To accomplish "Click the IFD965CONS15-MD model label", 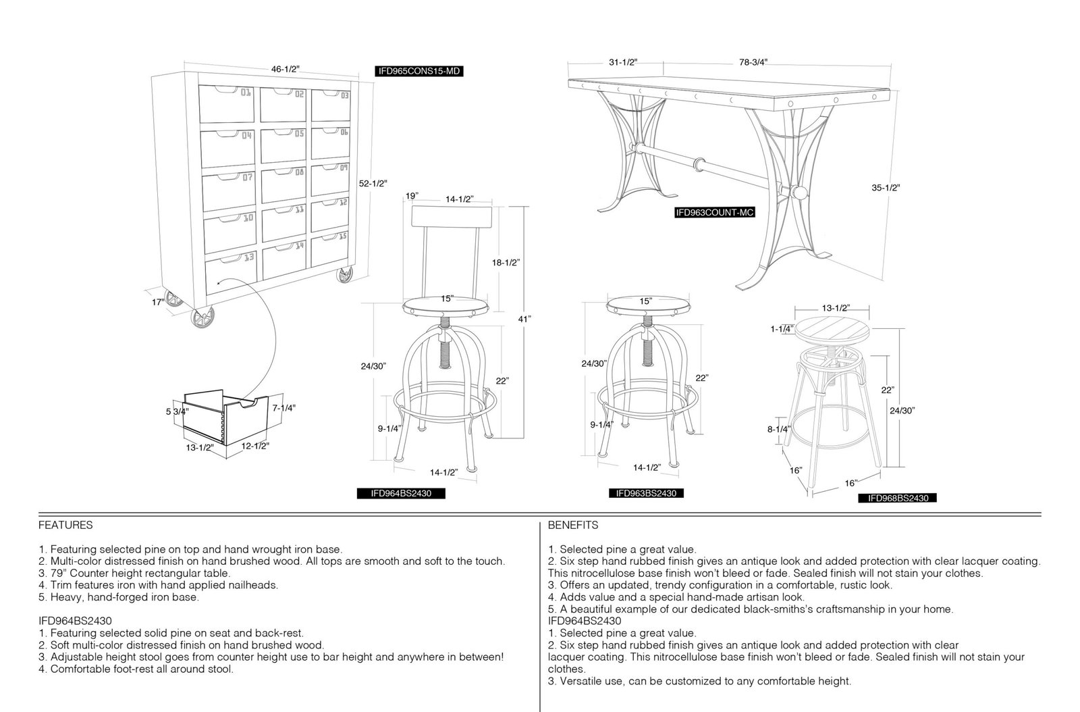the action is point(419,72).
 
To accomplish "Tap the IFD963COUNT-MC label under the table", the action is point(715,212).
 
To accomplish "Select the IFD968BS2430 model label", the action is point(897,499).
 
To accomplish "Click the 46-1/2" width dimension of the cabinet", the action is point(285,69).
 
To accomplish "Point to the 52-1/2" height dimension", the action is point(373,183).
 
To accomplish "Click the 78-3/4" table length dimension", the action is point(753,61).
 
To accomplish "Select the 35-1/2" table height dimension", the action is point(886,188).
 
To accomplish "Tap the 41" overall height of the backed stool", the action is point(524,319).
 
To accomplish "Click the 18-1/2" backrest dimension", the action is point(506,262).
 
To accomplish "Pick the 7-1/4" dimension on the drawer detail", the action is point(283,407).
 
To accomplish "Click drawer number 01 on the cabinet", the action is point(226,104).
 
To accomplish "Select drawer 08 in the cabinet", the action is point(284,184).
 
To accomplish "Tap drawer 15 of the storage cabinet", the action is point(330,249).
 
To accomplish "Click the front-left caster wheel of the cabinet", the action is point(202,318).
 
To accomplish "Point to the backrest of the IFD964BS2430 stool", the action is point(452,217).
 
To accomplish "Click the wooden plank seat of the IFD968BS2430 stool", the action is point(832,331).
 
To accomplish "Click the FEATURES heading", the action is point(65,525).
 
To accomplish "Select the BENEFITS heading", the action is point(573,525).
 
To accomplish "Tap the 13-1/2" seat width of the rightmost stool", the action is point(836,308).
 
